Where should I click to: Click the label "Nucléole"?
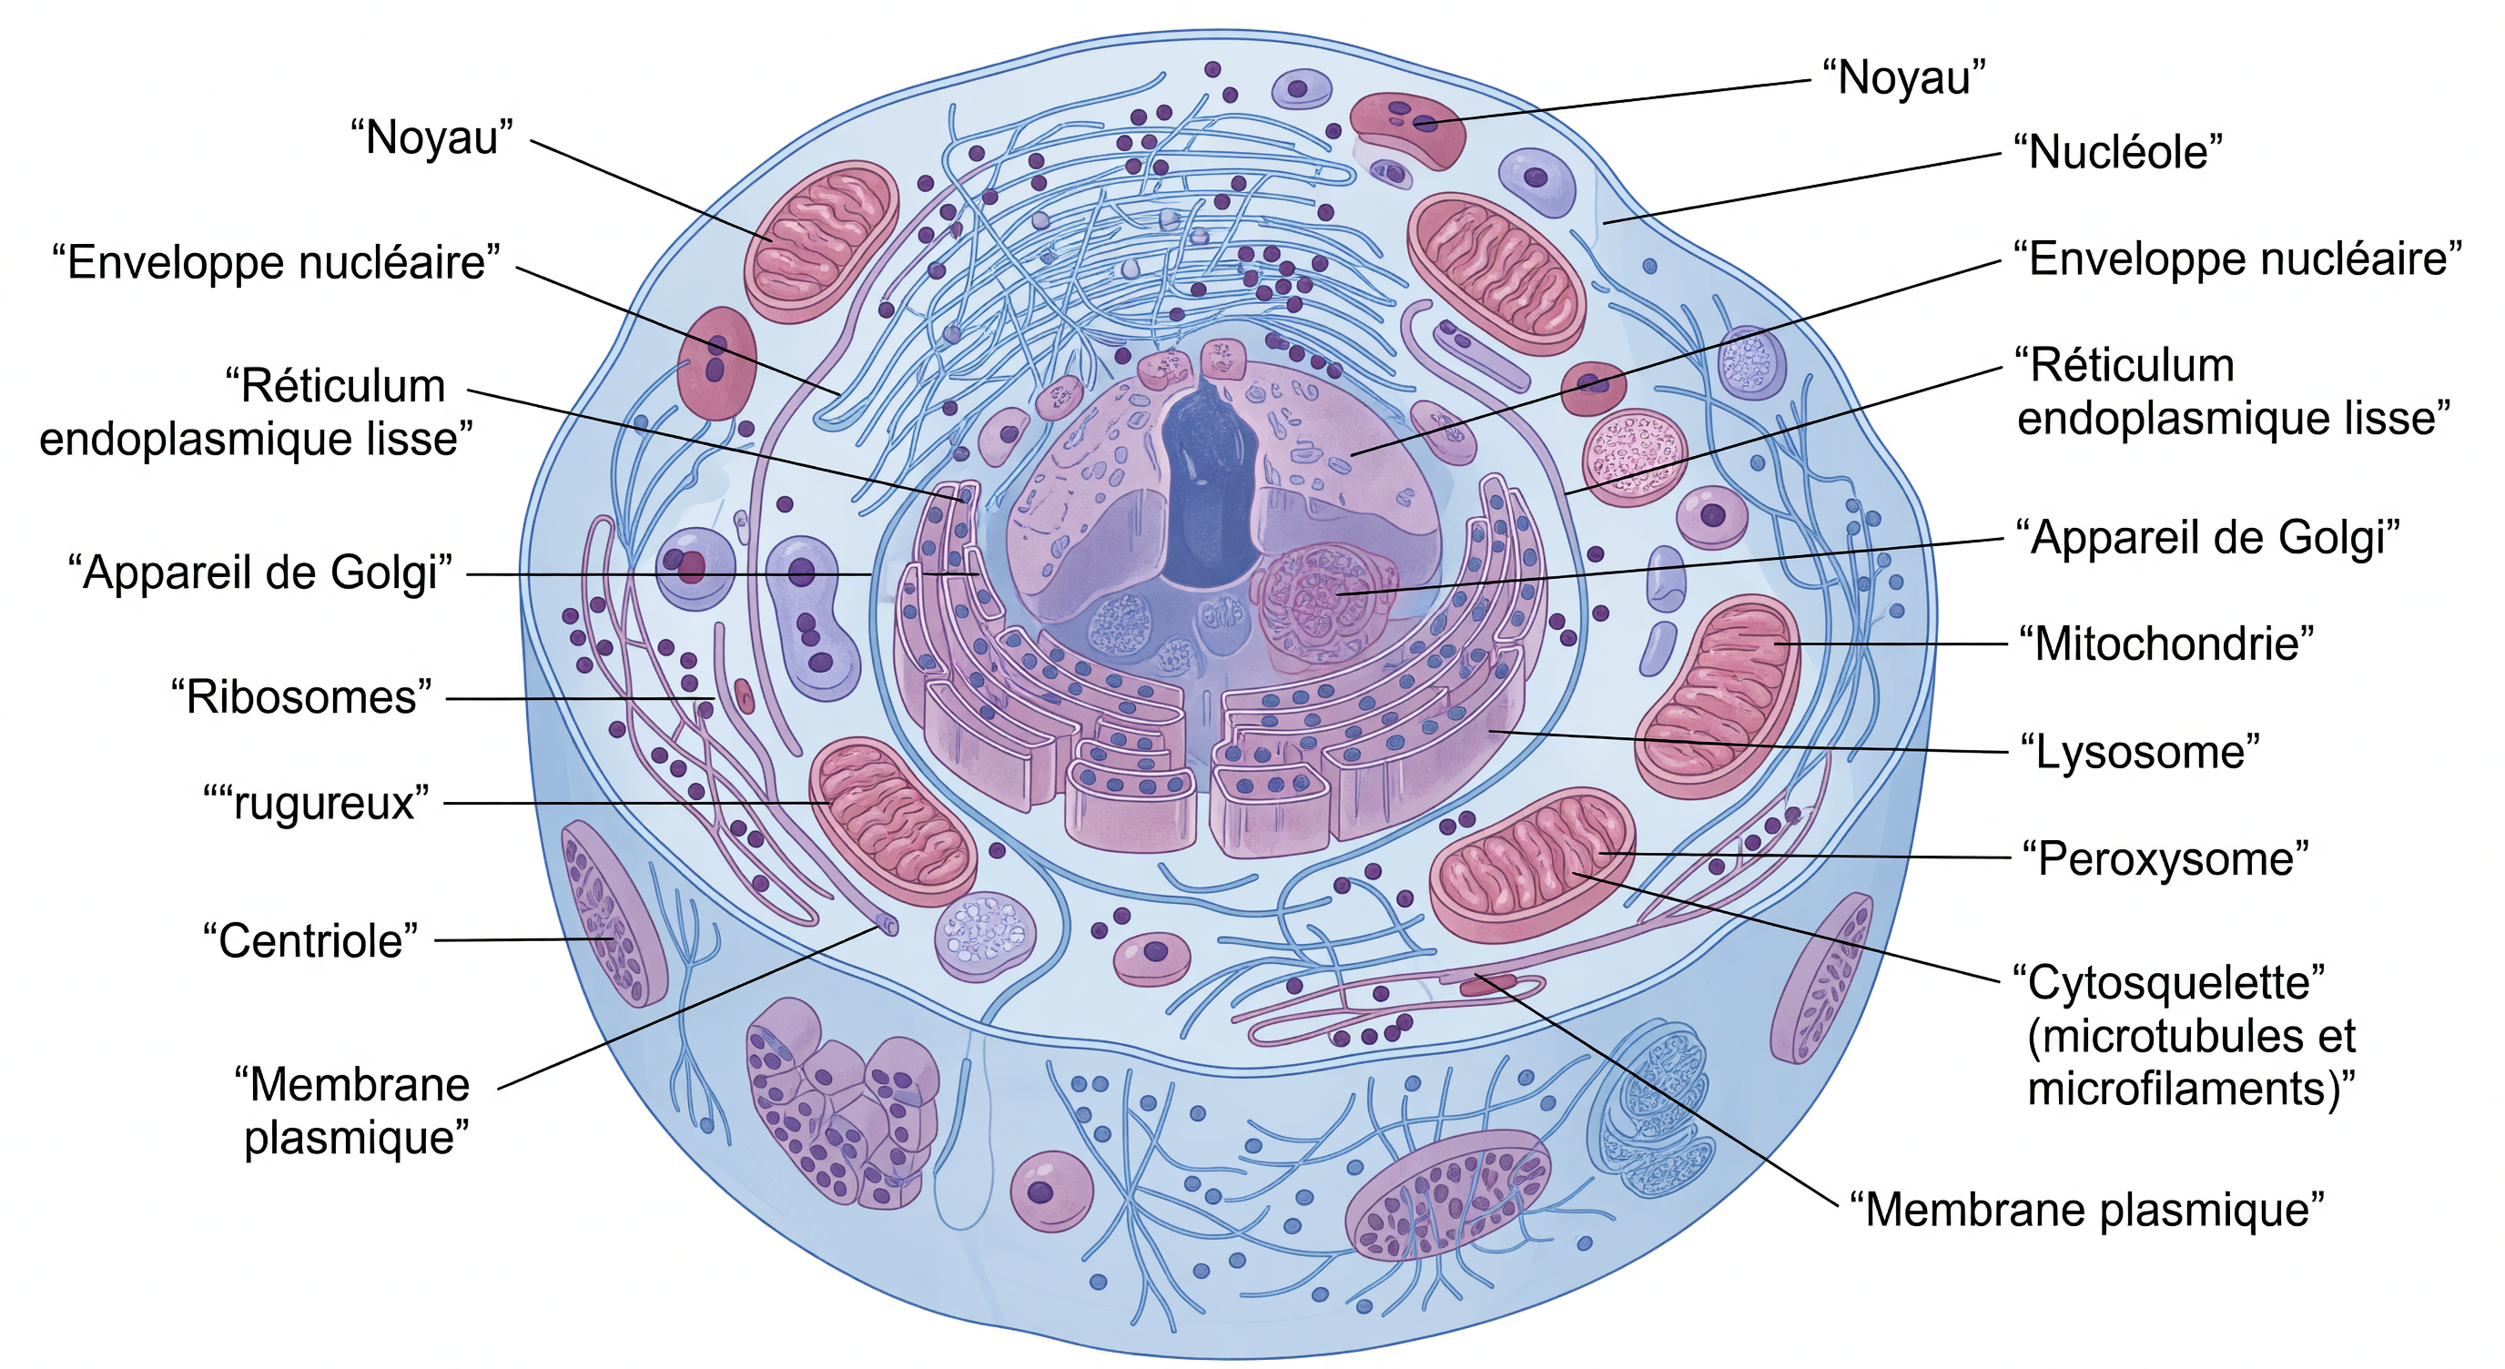2117,153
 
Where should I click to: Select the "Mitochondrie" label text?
2165,644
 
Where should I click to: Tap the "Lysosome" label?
2139,752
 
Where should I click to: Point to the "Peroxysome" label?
2165,858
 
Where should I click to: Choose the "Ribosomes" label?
300,697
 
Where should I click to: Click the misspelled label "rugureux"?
316,804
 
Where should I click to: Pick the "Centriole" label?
310,941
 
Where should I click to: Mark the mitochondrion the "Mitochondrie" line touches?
1718,696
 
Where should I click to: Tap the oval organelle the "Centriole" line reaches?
613,913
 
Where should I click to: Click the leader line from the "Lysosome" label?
1749,742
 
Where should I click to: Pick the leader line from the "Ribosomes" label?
582,699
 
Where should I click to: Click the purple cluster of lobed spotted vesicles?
841,1103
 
